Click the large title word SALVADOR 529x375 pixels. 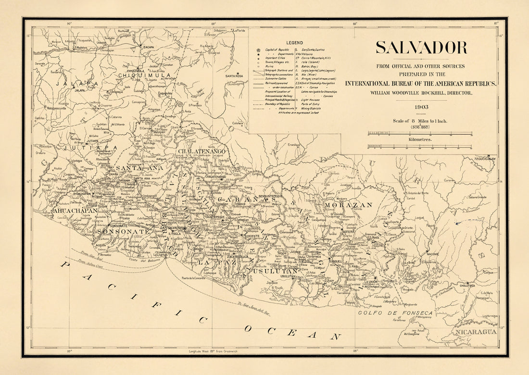click(421, 48)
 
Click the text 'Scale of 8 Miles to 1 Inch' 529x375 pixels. click(420, 121)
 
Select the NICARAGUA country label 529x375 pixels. click(476, 331)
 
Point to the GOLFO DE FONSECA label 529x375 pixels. click(395, 313)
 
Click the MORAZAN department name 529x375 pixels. click(348, 205)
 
